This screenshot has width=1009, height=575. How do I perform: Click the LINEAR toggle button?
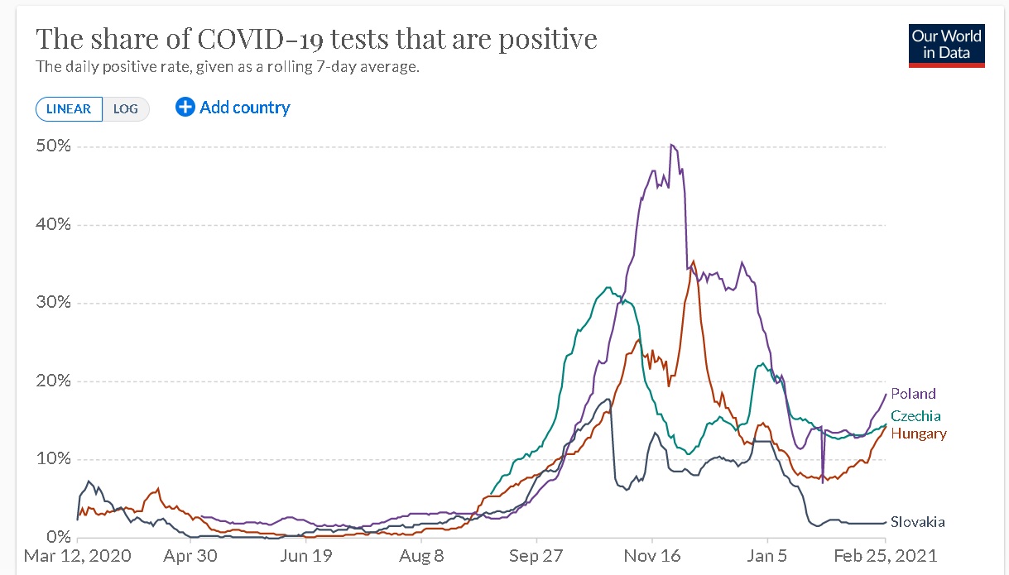[x=69, y=109]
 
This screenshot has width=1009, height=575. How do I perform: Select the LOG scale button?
[x=126, y=109]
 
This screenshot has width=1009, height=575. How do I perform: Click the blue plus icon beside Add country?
[x=185, y=107]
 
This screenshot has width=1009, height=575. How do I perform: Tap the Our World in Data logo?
[x=946, y=46]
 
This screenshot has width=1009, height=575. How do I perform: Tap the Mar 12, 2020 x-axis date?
[x=78, y=556]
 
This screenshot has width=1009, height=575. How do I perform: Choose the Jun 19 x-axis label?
[x=306, y=556]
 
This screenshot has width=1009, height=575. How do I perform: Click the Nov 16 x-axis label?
[x=651, y=556]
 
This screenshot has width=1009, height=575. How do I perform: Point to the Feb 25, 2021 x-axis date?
[x=886, y=556]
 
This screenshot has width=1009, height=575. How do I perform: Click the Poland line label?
[x=913, y=394]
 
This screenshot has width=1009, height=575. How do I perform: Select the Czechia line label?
[x=915, y=416]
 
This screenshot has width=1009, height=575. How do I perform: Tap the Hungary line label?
[x=918, y=434]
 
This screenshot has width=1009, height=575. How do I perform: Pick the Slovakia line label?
[x=917, y=522]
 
